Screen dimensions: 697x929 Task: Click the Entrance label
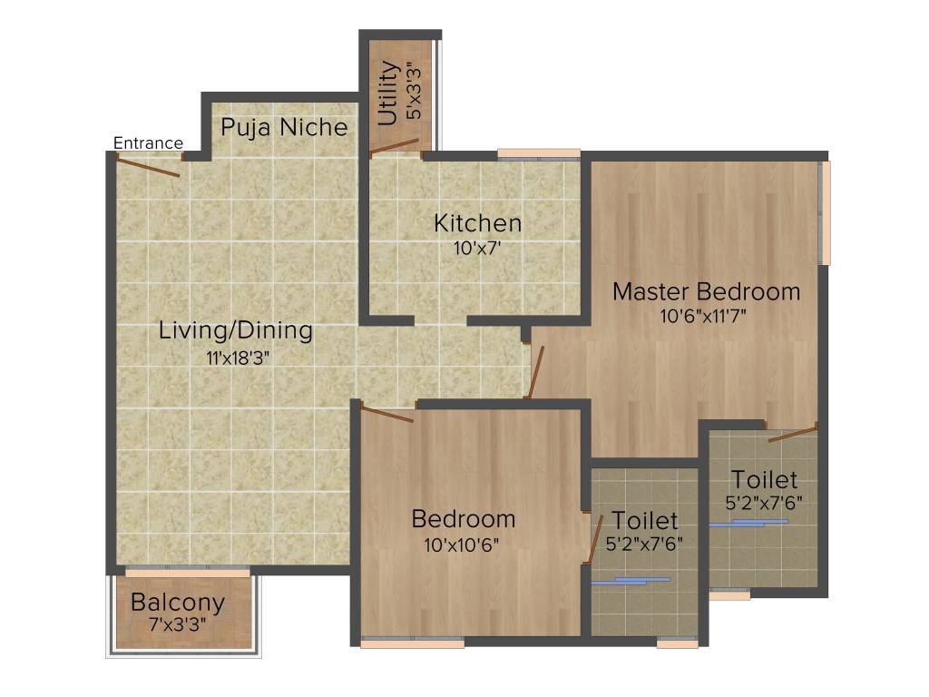[x=148, y=142]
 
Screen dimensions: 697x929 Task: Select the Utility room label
[x=388, y=93]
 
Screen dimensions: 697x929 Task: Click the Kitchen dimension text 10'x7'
[x=477, y=247]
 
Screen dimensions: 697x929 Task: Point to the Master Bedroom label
[x=707, y=291]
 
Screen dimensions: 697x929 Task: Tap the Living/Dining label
[x=236, y=330]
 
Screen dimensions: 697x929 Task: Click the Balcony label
[x=178, y=602]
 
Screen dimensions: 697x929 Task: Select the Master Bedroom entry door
[x=535, y=371]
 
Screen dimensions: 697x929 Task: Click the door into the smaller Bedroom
[x=387, y=415]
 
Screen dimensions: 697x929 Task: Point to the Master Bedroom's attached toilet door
[x=792, y=433]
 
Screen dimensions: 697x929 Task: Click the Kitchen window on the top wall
[x=539, y=152]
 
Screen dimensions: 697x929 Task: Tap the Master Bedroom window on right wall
[x=825, y=213]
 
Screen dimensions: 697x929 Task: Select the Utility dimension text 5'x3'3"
[x=414, y=92]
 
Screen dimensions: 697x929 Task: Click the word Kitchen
[x=477, y=222]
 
